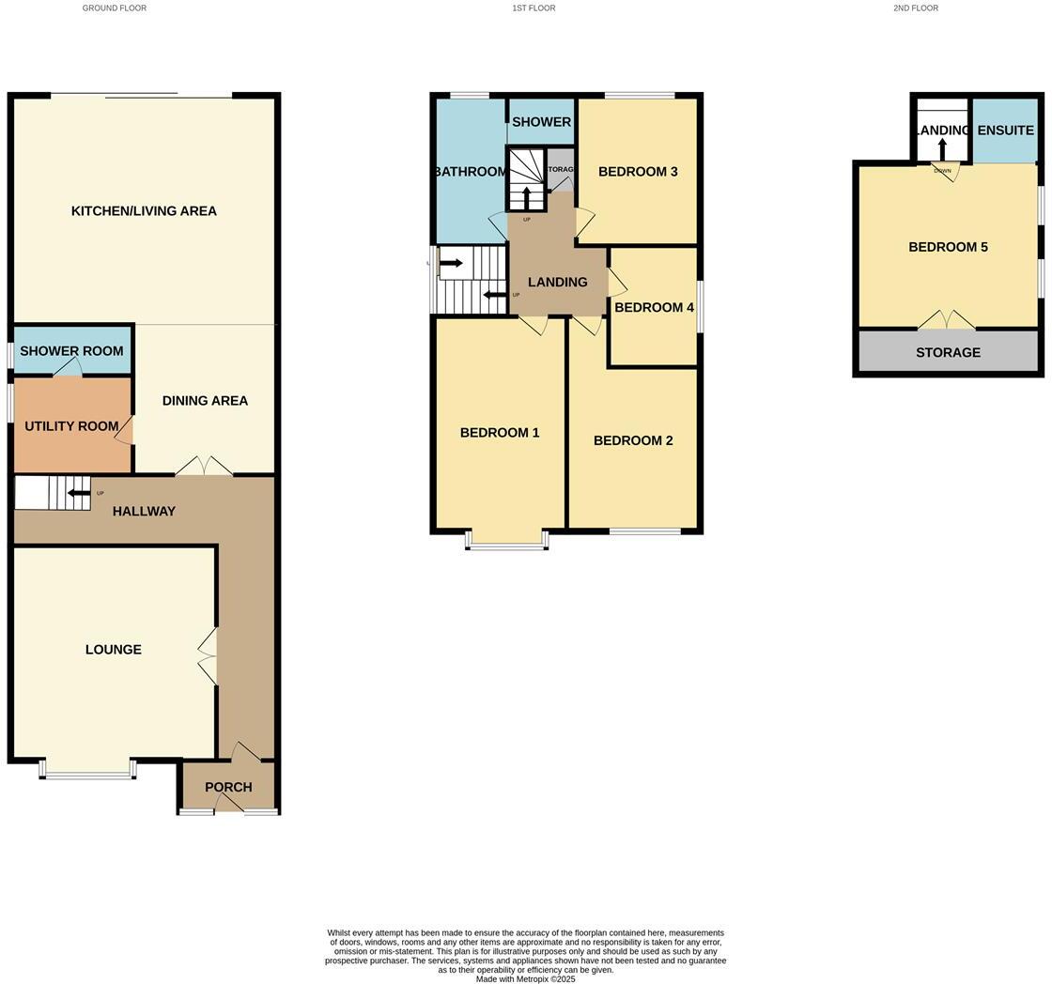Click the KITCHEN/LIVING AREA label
[x=144, y=211]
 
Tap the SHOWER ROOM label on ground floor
[x=71, y=351]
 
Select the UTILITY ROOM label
[x=71, y=426]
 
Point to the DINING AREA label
[x=205, y=401]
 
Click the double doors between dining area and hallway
[x=204, y=467]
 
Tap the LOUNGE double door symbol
[x=208, y=655]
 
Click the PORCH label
[x=228, y=788]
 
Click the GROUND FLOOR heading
[x=115, y=8]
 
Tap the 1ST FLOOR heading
[x=534, y=8]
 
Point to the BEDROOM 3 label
[x=638, y=172]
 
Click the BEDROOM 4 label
[x=654, y=308]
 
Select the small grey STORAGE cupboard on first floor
[x=560, y=171]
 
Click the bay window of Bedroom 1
[x=507, y=541]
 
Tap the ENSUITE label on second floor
[x=1005, y=131]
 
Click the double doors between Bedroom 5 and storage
[x=947, y=320]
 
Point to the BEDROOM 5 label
[x=948, y=248]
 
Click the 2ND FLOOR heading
[x=915, y=8]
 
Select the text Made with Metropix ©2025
[x=525, y=979]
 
